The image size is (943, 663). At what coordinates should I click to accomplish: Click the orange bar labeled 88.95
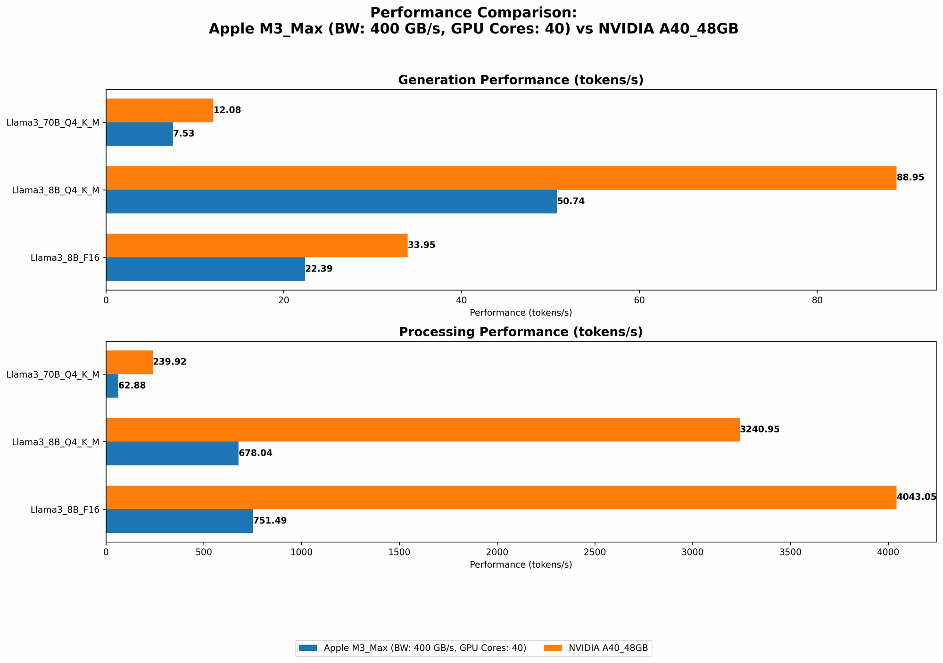(x=501, y=178)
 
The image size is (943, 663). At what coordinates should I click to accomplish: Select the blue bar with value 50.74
(x=331, y=201)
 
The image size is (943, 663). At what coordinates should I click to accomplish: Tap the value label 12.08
(x=227, y=110)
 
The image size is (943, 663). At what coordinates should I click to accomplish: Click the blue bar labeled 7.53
(x=140, y=134)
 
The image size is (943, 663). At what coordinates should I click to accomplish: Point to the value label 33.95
(x=422, y=245)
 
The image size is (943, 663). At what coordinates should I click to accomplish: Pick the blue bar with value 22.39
(x=205, y=269)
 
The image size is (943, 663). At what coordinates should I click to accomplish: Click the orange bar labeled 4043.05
(x=501, y=497)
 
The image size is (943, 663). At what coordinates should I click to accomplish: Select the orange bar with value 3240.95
(x=422, y=430)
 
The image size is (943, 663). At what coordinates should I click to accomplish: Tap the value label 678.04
(x=256, y=454)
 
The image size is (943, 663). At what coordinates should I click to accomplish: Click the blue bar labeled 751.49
(x=179, y=521)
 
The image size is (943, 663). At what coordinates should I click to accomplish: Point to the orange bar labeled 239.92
(x=129, y=362)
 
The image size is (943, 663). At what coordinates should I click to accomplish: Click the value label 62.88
(x=132, y=386)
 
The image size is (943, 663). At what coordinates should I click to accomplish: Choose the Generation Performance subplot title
(x=521, y=80)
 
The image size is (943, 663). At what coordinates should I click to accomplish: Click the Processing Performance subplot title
(x=521, y=332)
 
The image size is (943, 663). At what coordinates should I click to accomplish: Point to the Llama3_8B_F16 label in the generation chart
(x=65, y=258)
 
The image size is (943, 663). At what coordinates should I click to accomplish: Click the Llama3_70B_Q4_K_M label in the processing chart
(x=53, y=374)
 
